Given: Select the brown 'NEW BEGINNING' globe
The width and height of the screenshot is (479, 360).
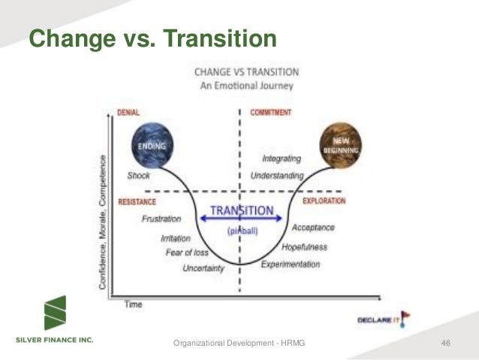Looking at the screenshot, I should [x=340, y=145].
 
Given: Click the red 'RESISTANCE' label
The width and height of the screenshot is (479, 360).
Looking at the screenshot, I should [x=137, y=201].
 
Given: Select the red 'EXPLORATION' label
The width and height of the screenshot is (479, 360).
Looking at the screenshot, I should [x=324, y=201].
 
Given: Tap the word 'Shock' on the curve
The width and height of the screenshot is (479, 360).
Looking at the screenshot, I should [x=139, y=176].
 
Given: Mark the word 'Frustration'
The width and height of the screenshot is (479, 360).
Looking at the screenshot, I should [x=161, y=219].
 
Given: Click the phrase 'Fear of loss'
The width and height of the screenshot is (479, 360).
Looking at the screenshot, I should [x=187, y=253].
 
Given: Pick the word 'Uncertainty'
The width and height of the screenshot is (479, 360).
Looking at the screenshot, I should [x=203, y=268].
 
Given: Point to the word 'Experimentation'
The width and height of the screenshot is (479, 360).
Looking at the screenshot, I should [x=291, y=265].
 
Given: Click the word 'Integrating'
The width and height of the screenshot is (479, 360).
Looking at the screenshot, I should [x=282, y=159].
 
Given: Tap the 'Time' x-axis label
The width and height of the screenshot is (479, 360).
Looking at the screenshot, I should [x=132, y=304].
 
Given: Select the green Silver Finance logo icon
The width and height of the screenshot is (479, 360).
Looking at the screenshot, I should [x=54, y=313].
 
